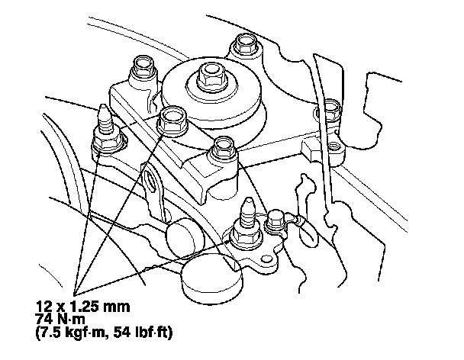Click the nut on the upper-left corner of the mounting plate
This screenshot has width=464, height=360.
[x=143, y=71]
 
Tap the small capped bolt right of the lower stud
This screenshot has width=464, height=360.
[x=276, y=223]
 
